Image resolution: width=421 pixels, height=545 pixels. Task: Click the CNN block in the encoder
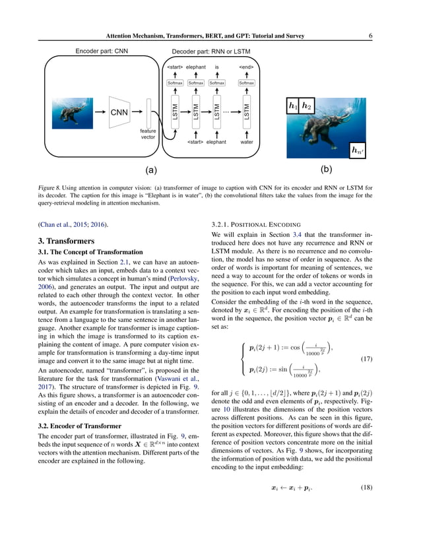click(x=119, y=112)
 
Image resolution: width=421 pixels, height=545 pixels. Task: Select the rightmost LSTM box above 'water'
click(x=246, y=112)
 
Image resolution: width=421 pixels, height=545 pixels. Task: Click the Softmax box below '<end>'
click(x=246, y=83)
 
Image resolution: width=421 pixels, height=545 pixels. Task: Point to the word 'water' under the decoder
click(x=246, y=142)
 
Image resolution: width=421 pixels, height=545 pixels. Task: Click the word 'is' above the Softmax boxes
click(x=216, y=67)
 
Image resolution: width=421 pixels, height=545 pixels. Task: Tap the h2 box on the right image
click(x=306, y=106)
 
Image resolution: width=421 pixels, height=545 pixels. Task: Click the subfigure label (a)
click(x=151, y=170)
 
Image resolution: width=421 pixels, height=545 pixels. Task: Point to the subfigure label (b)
click(x=325, y=170)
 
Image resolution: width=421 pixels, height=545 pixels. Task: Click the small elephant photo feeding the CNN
click(x=73, y=112)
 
